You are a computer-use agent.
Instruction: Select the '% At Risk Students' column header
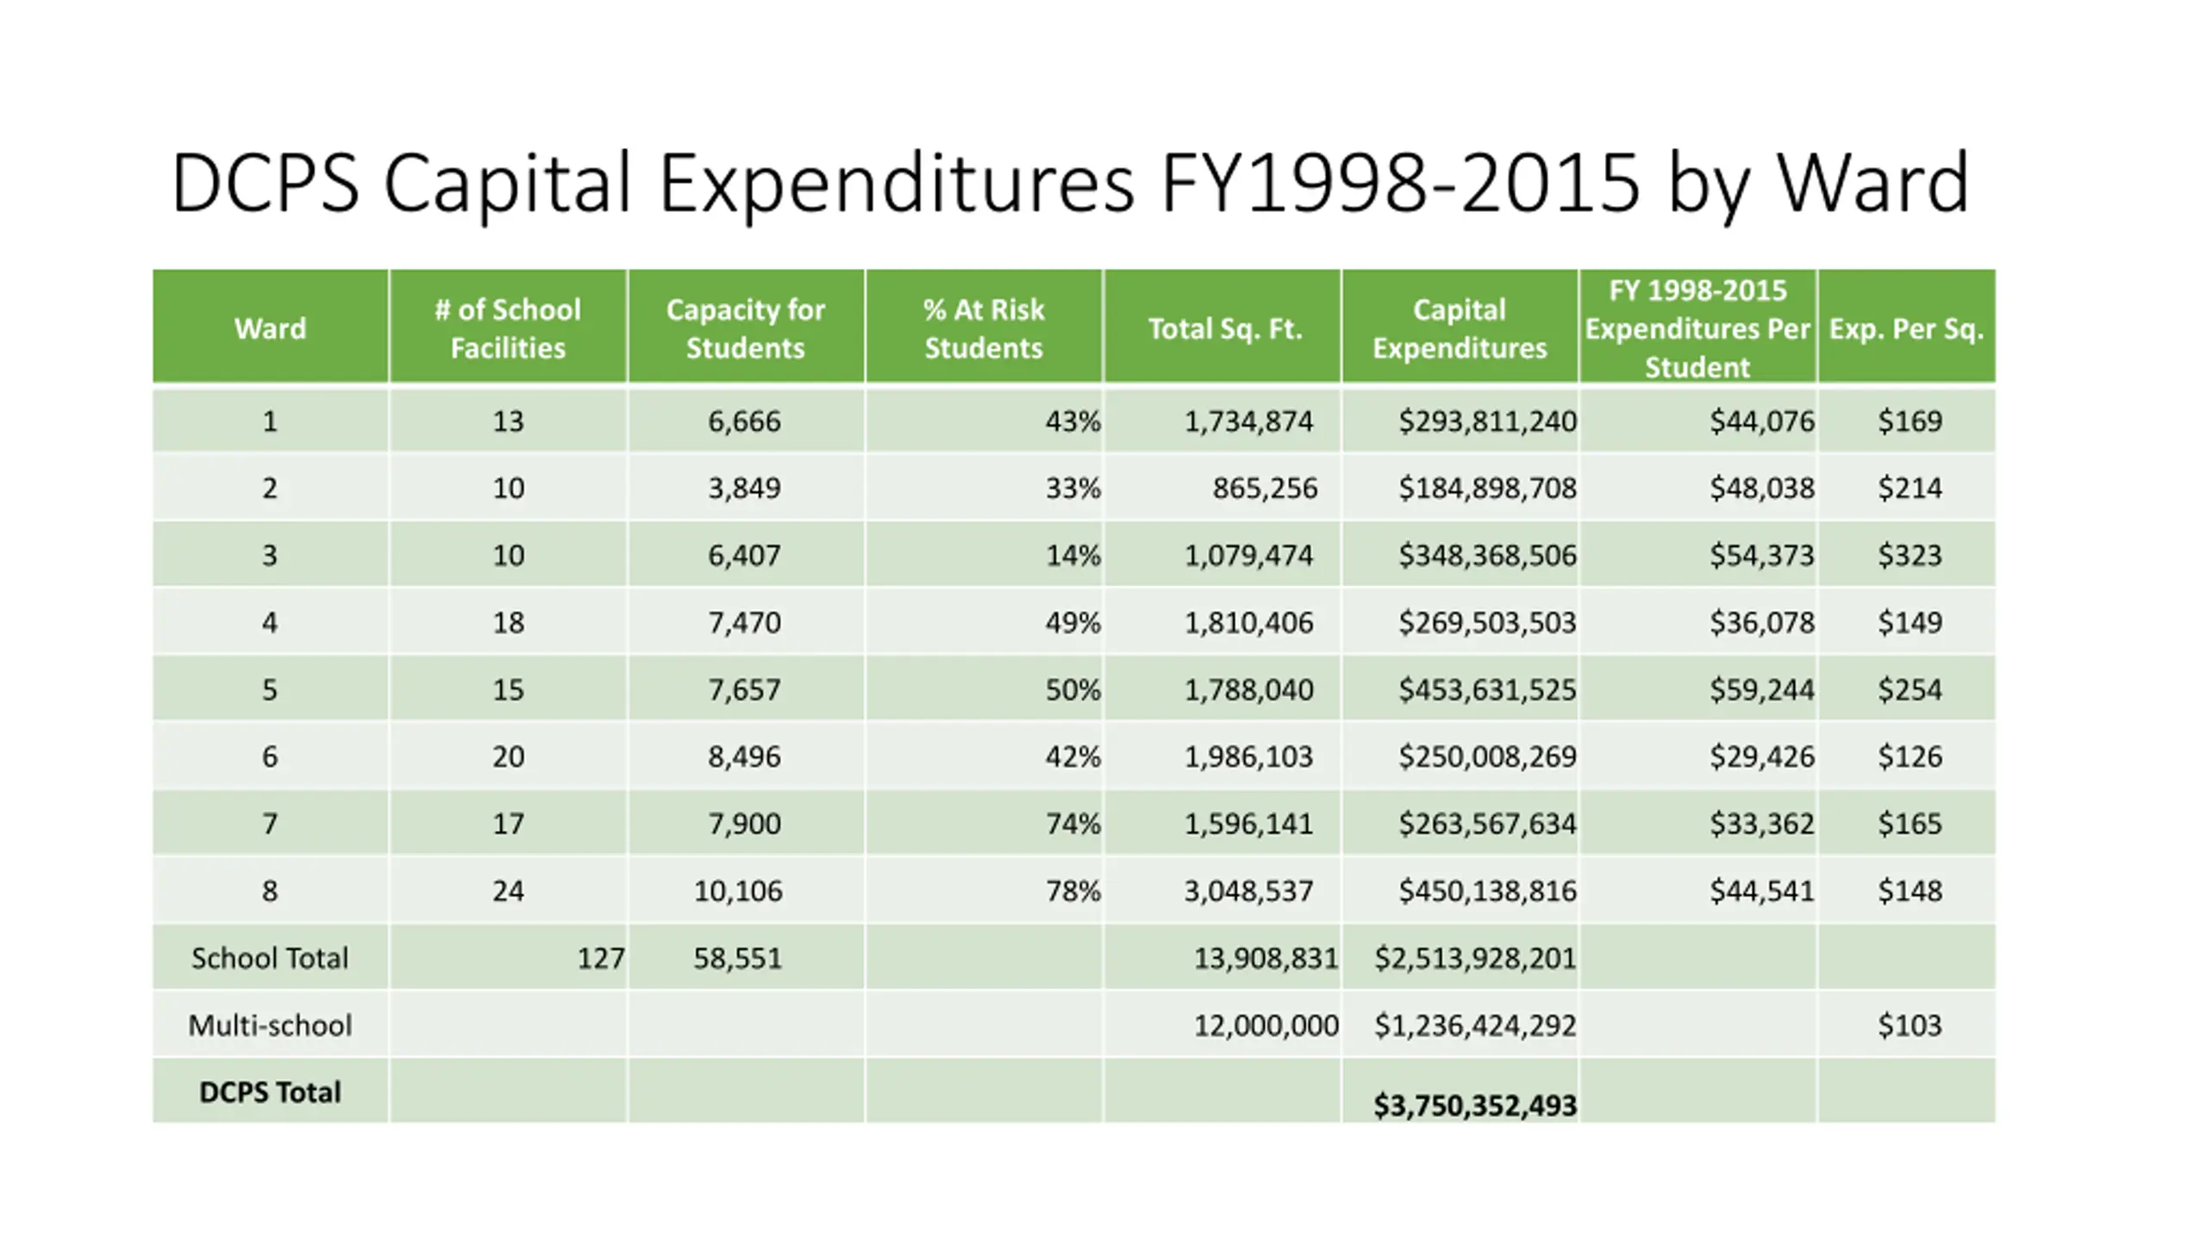[983, 328]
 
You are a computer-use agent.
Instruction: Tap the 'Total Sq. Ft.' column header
[1224, 328]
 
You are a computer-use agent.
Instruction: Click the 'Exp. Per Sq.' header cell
[1906, 328]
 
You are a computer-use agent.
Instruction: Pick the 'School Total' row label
[270, 958]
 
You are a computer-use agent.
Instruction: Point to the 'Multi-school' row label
[270, 1026]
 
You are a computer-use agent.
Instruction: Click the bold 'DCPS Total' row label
[270, 1092]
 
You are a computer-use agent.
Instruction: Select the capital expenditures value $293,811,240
[1487, 421]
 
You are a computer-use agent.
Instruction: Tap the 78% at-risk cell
[1072, 890]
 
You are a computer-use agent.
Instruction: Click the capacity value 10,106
[738, 890]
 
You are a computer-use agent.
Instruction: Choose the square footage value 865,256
[1265, 489]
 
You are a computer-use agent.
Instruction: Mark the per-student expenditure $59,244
[1762, 689]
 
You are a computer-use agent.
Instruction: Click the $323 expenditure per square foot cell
[1910, 555]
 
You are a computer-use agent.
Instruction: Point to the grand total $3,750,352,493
[1474, 1106]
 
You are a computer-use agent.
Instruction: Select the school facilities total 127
[600, 958]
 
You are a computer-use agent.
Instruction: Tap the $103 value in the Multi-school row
[1910, 1026]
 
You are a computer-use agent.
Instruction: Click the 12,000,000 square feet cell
[1266, 1026]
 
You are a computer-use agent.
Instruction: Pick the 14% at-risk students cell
[1072, 555]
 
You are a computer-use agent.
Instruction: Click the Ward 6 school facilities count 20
[508, 757]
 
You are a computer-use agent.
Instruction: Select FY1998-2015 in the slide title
[1399, 183]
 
